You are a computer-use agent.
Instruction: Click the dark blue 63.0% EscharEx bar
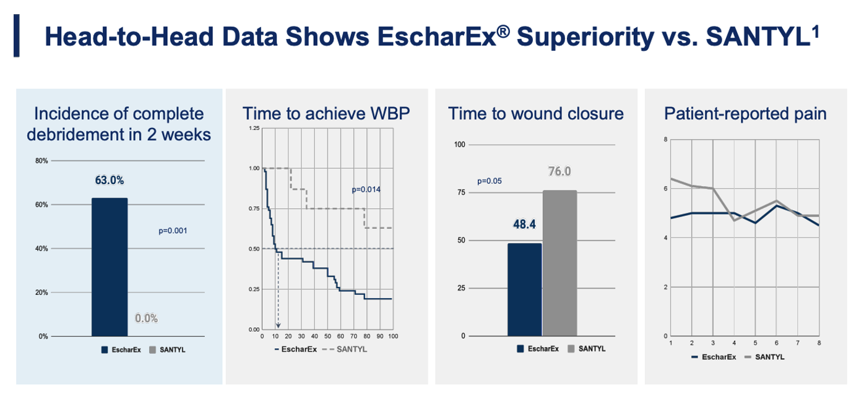[x=110, y=267]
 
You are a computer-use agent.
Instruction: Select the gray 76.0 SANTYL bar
[x=559, y=263]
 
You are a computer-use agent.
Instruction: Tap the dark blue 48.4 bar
[x=525, y=290]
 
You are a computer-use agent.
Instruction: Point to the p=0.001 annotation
[x=173, y=231]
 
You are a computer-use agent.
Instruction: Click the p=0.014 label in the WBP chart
[x=366, y=189]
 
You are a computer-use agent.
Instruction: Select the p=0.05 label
[x=490, y=181]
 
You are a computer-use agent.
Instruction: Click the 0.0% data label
[x=146, y=319]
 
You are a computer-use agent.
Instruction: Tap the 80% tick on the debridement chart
[x=41, y=161]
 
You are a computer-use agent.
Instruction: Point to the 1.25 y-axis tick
[x=254, y=128]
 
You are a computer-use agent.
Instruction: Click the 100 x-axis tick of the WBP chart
[x=393, y=336]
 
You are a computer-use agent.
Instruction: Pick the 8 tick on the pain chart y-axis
[x=665, y=140]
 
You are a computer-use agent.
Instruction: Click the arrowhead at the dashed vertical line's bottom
[x=278, y=326]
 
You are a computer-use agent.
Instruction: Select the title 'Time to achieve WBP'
[x=326, y=114]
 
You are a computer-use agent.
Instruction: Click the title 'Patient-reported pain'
[x=745, y=114]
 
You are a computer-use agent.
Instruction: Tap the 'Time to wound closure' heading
[x=536, y=114]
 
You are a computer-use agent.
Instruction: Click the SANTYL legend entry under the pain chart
[x=764, y=357]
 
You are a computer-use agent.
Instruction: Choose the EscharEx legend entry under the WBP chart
[x=296, y=349]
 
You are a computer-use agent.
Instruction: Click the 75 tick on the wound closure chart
[x=461, y=192]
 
